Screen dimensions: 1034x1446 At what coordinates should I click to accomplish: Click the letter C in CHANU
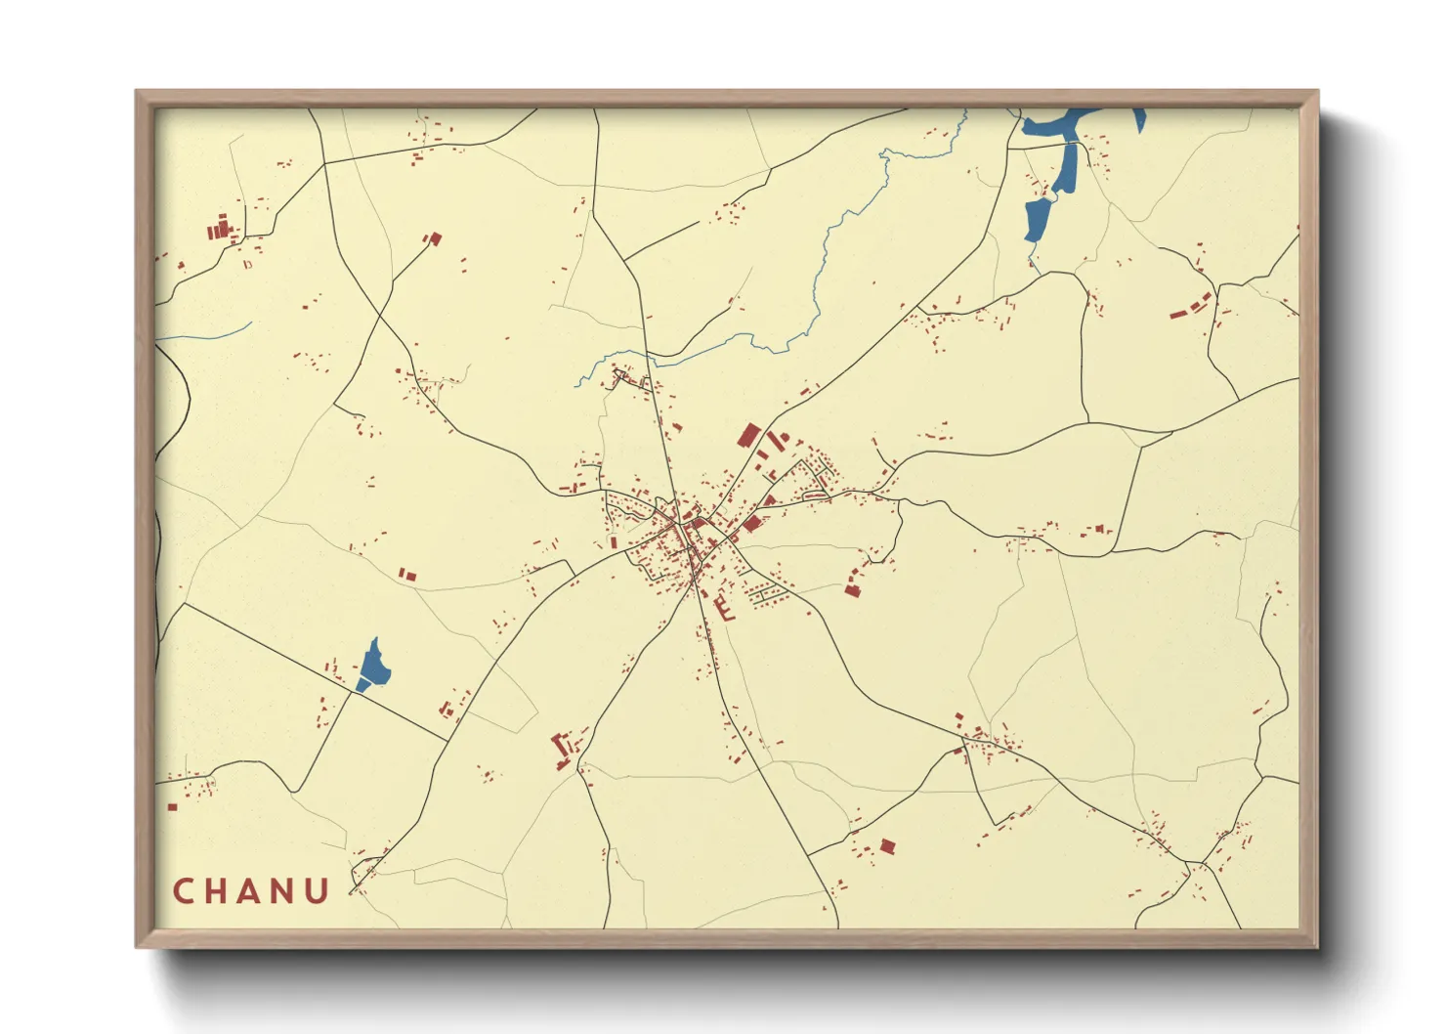click(183, 891)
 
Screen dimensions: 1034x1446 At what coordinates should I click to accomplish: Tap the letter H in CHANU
click(216, 891)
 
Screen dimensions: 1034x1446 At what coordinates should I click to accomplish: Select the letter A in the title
click(250, 891)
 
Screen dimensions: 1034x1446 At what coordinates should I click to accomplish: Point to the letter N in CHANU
click(283, 891)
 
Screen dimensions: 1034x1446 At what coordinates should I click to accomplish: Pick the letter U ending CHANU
click(318, 891)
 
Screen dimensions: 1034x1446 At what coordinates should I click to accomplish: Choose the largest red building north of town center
click(749, 435)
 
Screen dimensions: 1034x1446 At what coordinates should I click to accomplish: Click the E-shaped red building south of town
click(725, 609)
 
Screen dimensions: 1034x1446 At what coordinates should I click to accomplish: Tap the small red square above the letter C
click(173, 807)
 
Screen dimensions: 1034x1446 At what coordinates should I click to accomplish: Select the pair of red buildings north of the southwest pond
click(407, 576)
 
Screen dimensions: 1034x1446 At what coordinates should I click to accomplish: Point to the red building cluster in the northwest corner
click(220, 231)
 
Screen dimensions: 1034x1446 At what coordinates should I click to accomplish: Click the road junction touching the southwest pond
click(354, 692)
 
